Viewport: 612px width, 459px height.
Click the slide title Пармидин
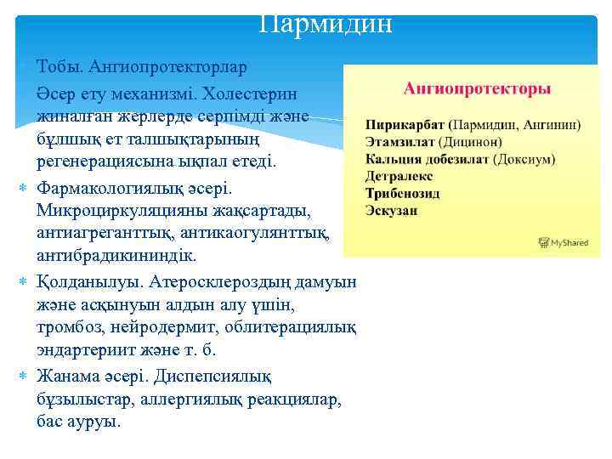[x=326, y=23]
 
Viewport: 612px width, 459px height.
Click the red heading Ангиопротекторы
[x=477, y=88]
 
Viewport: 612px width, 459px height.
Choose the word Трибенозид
[x=402, y=193]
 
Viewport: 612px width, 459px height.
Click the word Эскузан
[x=391, y=210]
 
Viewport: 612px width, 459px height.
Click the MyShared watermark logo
[x=564, y=243]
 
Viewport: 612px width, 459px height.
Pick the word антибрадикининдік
[x=116, y=256]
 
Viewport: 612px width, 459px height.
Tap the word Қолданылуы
[x=89, y=280]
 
